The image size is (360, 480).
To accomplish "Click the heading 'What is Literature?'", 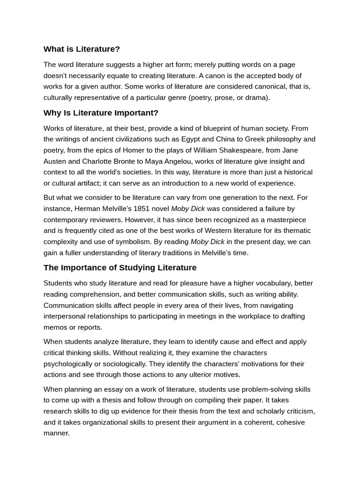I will pos(82,49).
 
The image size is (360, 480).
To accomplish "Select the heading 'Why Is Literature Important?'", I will pos(101,113).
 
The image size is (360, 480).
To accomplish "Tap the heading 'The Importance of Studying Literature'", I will pos(120,268).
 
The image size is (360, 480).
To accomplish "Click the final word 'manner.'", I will pos(56,433).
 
